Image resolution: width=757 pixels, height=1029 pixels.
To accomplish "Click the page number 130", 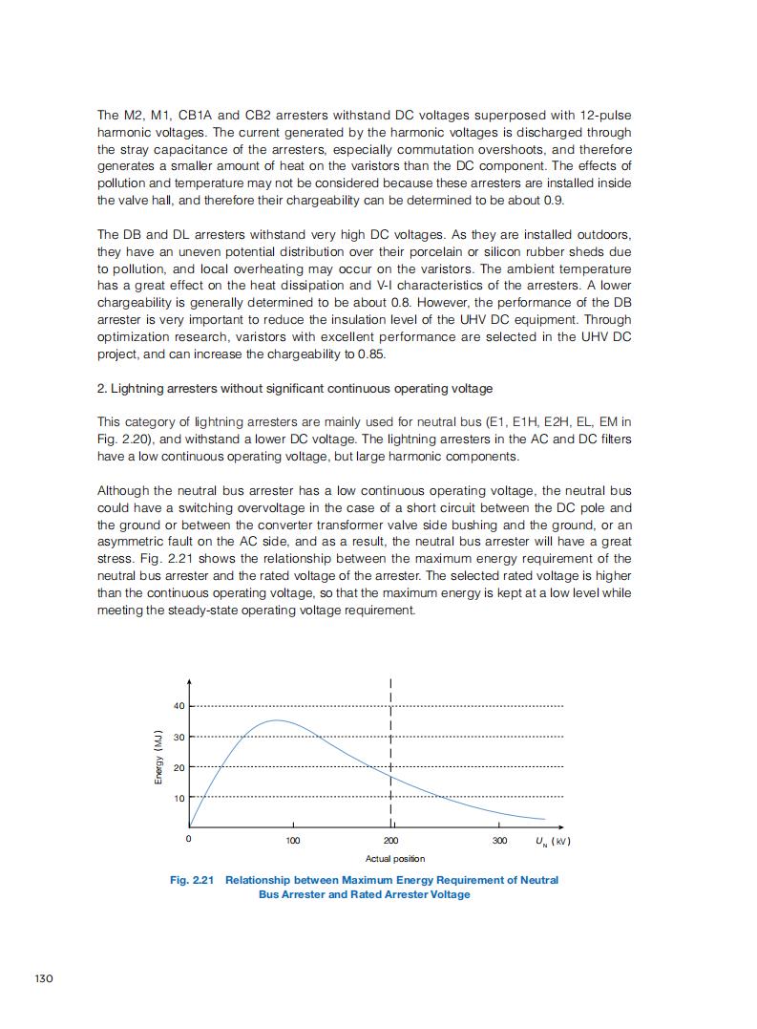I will [x=42, y=978].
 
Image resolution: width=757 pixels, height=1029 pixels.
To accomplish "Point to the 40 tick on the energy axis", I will [x=178, y=706].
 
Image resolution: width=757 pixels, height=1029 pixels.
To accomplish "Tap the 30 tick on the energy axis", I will [x=178, y=737].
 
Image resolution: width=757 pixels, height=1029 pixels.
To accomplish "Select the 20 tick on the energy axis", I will [x=178, y=767].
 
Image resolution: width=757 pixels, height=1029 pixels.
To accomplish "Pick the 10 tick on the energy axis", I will [x=178, y=797].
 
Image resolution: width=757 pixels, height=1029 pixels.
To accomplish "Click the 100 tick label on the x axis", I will [x=293, y=841].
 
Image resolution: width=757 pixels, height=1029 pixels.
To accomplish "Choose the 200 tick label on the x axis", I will [x=390, y=841].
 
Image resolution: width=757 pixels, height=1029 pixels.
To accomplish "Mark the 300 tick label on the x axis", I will [x=499, y=841].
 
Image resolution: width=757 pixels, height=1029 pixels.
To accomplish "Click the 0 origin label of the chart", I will [x=188, y=840].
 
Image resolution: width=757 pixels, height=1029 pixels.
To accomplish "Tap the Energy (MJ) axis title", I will [x=158, y=758].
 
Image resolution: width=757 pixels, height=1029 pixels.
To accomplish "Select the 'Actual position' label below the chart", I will [x=395, y=859].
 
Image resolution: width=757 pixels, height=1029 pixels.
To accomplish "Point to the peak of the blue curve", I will [x=276, y=720].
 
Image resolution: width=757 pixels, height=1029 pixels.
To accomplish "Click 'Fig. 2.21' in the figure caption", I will [x=191, y=879].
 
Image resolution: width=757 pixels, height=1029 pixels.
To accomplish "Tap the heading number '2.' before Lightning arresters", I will [x=102, y=388].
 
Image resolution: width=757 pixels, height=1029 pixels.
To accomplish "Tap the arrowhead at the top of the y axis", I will [x=189, y=682].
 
